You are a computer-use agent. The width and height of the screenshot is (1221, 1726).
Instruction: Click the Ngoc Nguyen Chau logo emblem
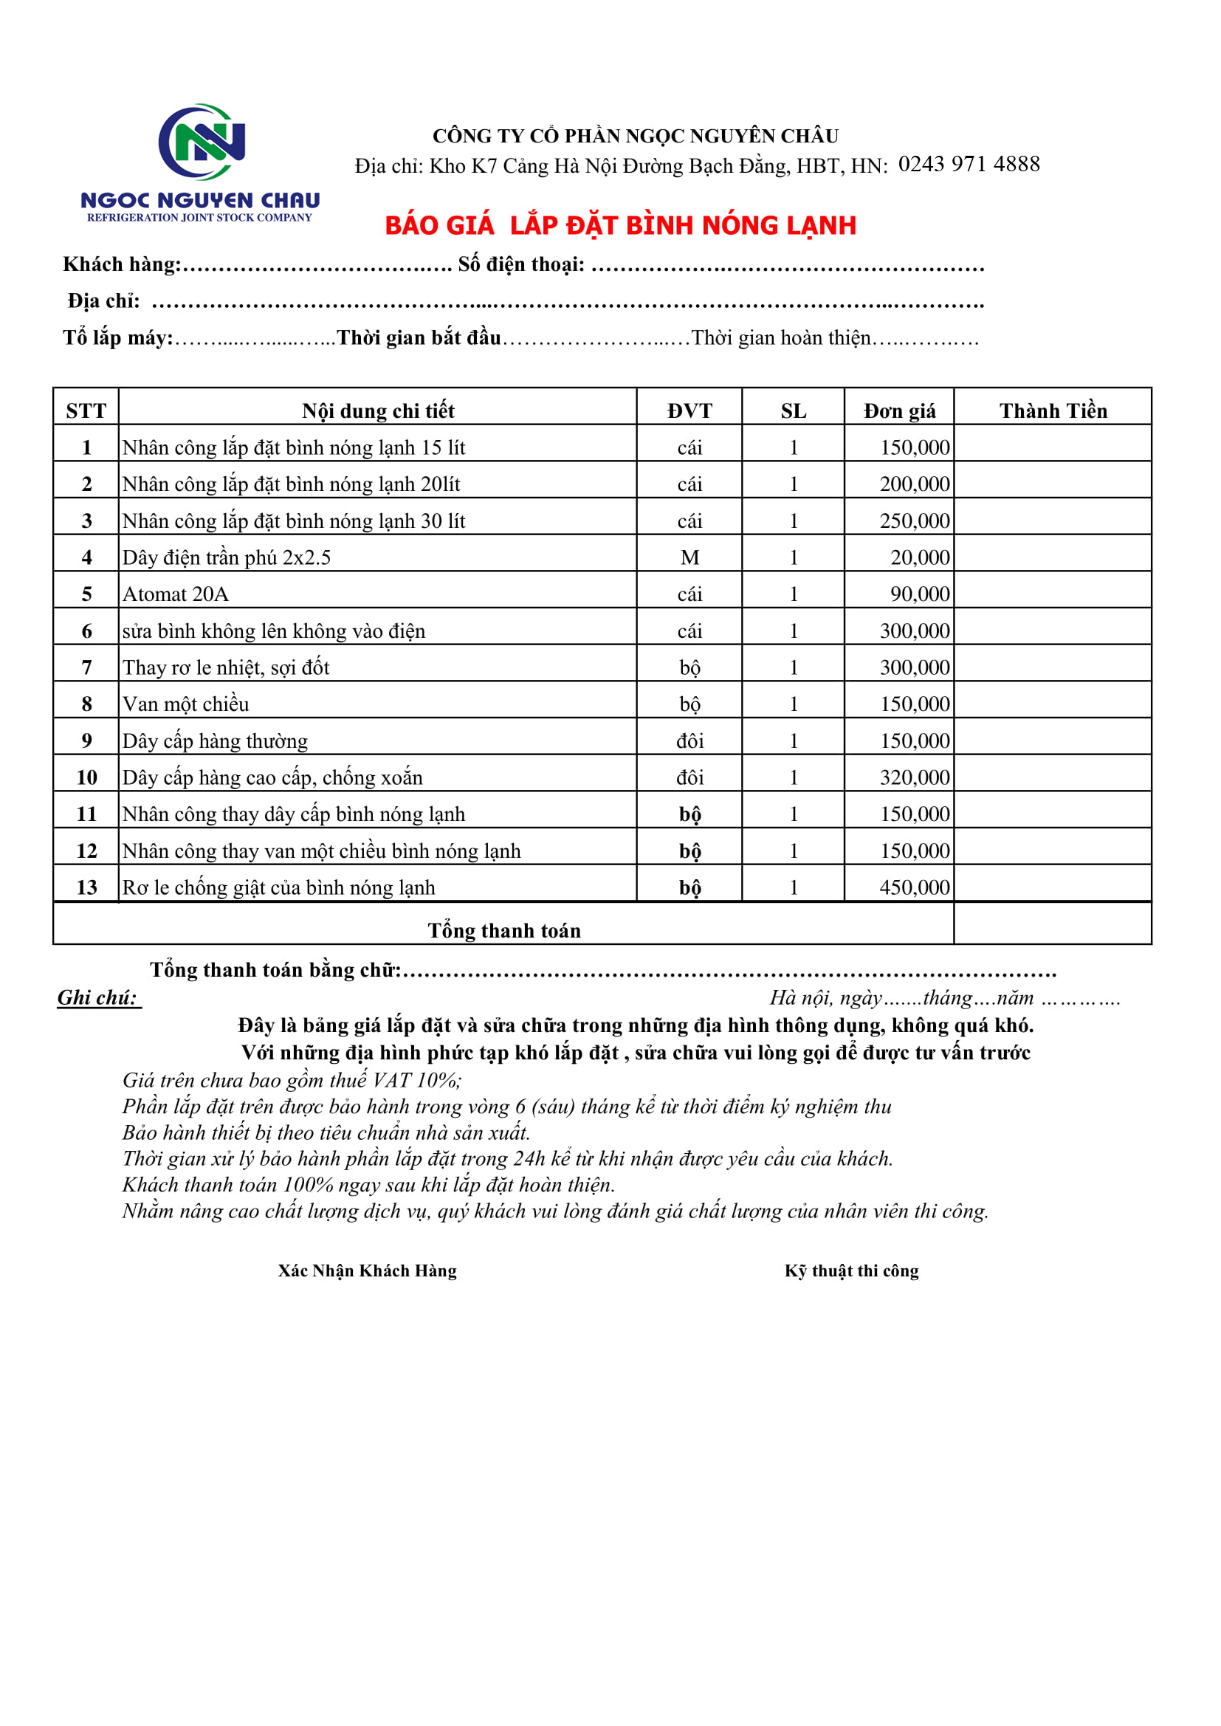[202, 142]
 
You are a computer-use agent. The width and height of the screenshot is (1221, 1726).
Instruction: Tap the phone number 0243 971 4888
[969, 164]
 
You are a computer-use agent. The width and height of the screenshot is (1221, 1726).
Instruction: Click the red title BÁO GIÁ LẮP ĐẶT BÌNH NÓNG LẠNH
[620, 225]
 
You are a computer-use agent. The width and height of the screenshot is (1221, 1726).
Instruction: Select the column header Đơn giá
[899, 410]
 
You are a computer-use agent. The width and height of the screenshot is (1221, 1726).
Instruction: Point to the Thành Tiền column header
[1053, 410]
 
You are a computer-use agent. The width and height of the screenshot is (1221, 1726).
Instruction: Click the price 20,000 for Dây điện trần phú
[920, 557]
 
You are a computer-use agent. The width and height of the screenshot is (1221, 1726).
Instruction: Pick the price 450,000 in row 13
[914, 887]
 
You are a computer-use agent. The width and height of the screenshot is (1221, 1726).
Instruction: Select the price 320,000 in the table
[914, 777]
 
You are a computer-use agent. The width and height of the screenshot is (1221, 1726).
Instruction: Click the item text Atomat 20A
[175, 594]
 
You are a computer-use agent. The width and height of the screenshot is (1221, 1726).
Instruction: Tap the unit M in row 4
[689, 557]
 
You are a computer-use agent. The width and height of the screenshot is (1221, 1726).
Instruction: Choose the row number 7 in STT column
[86, 667]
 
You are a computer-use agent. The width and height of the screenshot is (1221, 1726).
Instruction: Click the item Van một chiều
[186, 704]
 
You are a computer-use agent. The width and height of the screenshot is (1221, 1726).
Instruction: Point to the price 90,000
[920, 594]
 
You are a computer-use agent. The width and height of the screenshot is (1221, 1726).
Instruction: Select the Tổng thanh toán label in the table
[503, 931]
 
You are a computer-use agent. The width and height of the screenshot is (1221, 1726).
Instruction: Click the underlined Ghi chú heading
[97, 997]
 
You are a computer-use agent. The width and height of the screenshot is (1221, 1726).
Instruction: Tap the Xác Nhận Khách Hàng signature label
[367, 1271]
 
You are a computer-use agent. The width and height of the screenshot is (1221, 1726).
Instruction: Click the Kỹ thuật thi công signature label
[851, 1271]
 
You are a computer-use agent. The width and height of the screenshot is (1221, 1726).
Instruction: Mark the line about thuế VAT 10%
[292, 1080]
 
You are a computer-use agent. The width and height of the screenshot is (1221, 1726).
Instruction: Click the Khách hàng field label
[122, 264]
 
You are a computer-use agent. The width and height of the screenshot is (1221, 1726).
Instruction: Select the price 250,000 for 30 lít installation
[914, 521]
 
